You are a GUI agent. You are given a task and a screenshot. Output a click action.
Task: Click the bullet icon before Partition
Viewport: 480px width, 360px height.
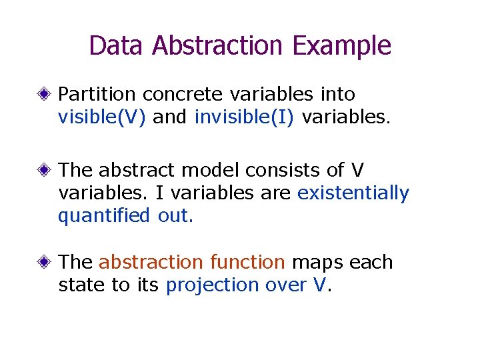point(45,95)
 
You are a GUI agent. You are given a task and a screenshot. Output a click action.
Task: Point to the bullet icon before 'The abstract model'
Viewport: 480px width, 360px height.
point(45,171)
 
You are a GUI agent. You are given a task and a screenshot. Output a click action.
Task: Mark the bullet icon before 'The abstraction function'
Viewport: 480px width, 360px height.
point(45,263)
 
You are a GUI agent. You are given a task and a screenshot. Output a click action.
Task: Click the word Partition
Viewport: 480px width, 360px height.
point(97,95)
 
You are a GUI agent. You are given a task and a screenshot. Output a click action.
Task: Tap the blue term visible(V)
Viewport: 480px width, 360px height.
point(103,117)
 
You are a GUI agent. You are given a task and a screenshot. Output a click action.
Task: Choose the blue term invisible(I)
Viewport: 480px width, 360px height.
point(244,117)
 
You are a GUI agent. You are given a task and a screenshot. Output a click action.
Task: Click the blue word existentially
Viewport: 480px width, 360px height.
point(353,193)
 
